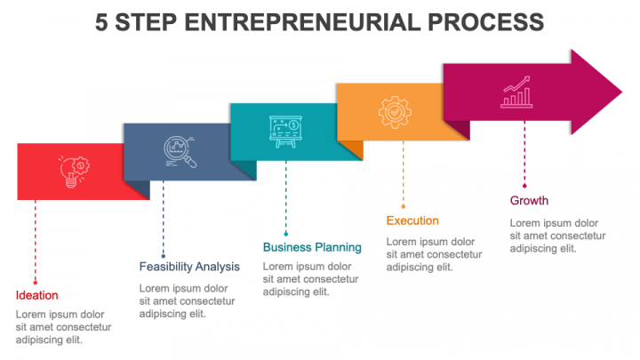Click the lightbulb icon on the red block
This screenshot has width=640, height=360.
coord(73,170)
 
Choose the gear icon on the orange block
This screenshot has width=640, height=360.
coord(394,112)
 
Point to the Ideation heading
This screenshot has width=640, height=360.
coord(37,295)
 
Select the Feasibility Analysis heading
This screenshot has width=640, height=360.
coord(189,266)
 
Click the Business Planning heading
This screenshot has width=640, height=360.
coord(312,247)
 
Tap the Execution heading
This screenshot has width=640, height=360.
coord(412,220)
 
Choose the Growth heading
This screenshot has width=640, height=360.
coord(529,200)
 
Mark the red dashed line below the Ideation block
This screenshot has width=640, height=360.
coord(36,240)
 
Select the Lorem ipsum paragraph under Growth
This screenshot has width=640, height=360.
coord(556,236)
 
